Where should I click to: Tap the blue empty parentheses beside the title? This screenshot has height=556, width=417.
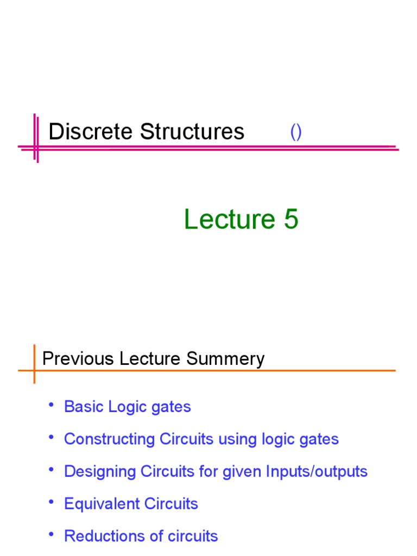296,132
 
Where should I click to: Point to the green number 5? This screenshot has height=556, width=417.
290,220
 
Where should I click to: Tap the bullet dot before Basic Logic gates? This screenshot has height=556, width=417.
51,405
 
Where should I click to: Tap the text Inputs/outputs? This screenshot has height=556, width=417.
317,471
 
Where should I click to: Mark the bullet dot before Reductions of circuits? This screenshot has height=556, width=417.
51,534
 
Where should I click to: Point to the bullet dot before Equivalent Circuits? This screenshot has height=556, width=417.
51,502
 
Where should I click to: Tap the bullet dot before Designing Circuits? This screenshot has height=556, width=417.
51,469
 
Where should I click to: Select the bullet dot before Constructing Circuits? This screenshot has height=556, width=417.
51,437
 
